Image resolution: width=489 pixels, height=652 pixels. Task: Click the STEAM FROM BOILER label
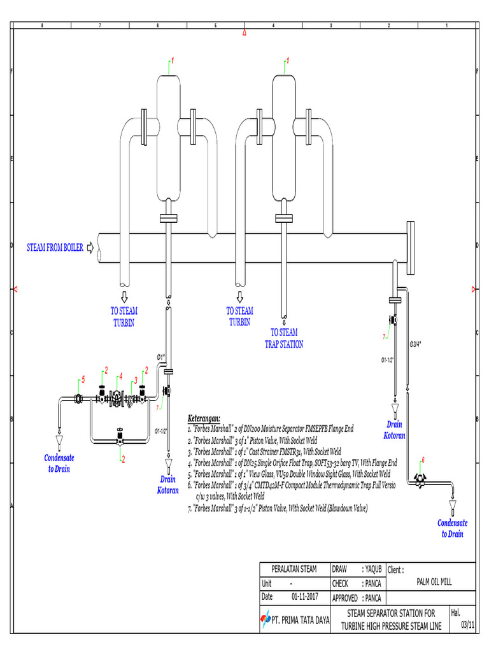[54, 248]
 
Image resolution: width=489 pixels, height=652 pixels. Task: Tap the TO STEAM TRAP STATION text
[284, 338]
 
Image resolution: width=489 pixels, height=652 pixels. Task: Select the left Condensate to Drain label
[59, 464]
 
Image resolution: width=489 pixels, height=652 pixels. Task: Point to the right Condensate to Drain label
[452, 528]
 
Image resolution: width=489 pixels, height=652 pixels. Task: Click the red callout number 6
[422, 460]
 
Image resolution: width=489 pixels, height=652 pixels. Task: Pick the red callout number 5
[83, 380]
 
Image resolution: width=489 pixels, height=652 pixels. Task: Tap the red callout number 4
[120, 376]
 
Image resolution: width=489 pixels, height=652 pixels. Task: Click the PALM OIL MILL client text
[435, 583]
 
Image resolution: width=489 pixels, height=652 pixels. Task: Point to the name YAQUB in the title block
[371, 569]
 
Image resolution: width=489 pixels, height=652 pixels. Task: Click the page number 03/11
[467, 625]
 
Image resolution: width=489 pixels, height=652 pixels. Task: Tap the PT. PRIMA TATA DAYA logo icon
[266, 618]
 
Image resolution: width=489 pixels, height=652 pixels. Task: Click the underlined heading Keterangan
[204, 418]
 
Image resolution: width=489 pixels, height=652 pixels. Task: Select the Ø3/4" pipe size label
[415, 344]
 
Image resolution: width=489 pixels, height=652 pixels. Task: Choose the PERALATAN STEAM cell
[294, 569]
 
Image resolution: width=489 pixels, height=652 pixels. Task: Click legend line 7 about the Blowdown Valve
[278, 509]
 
